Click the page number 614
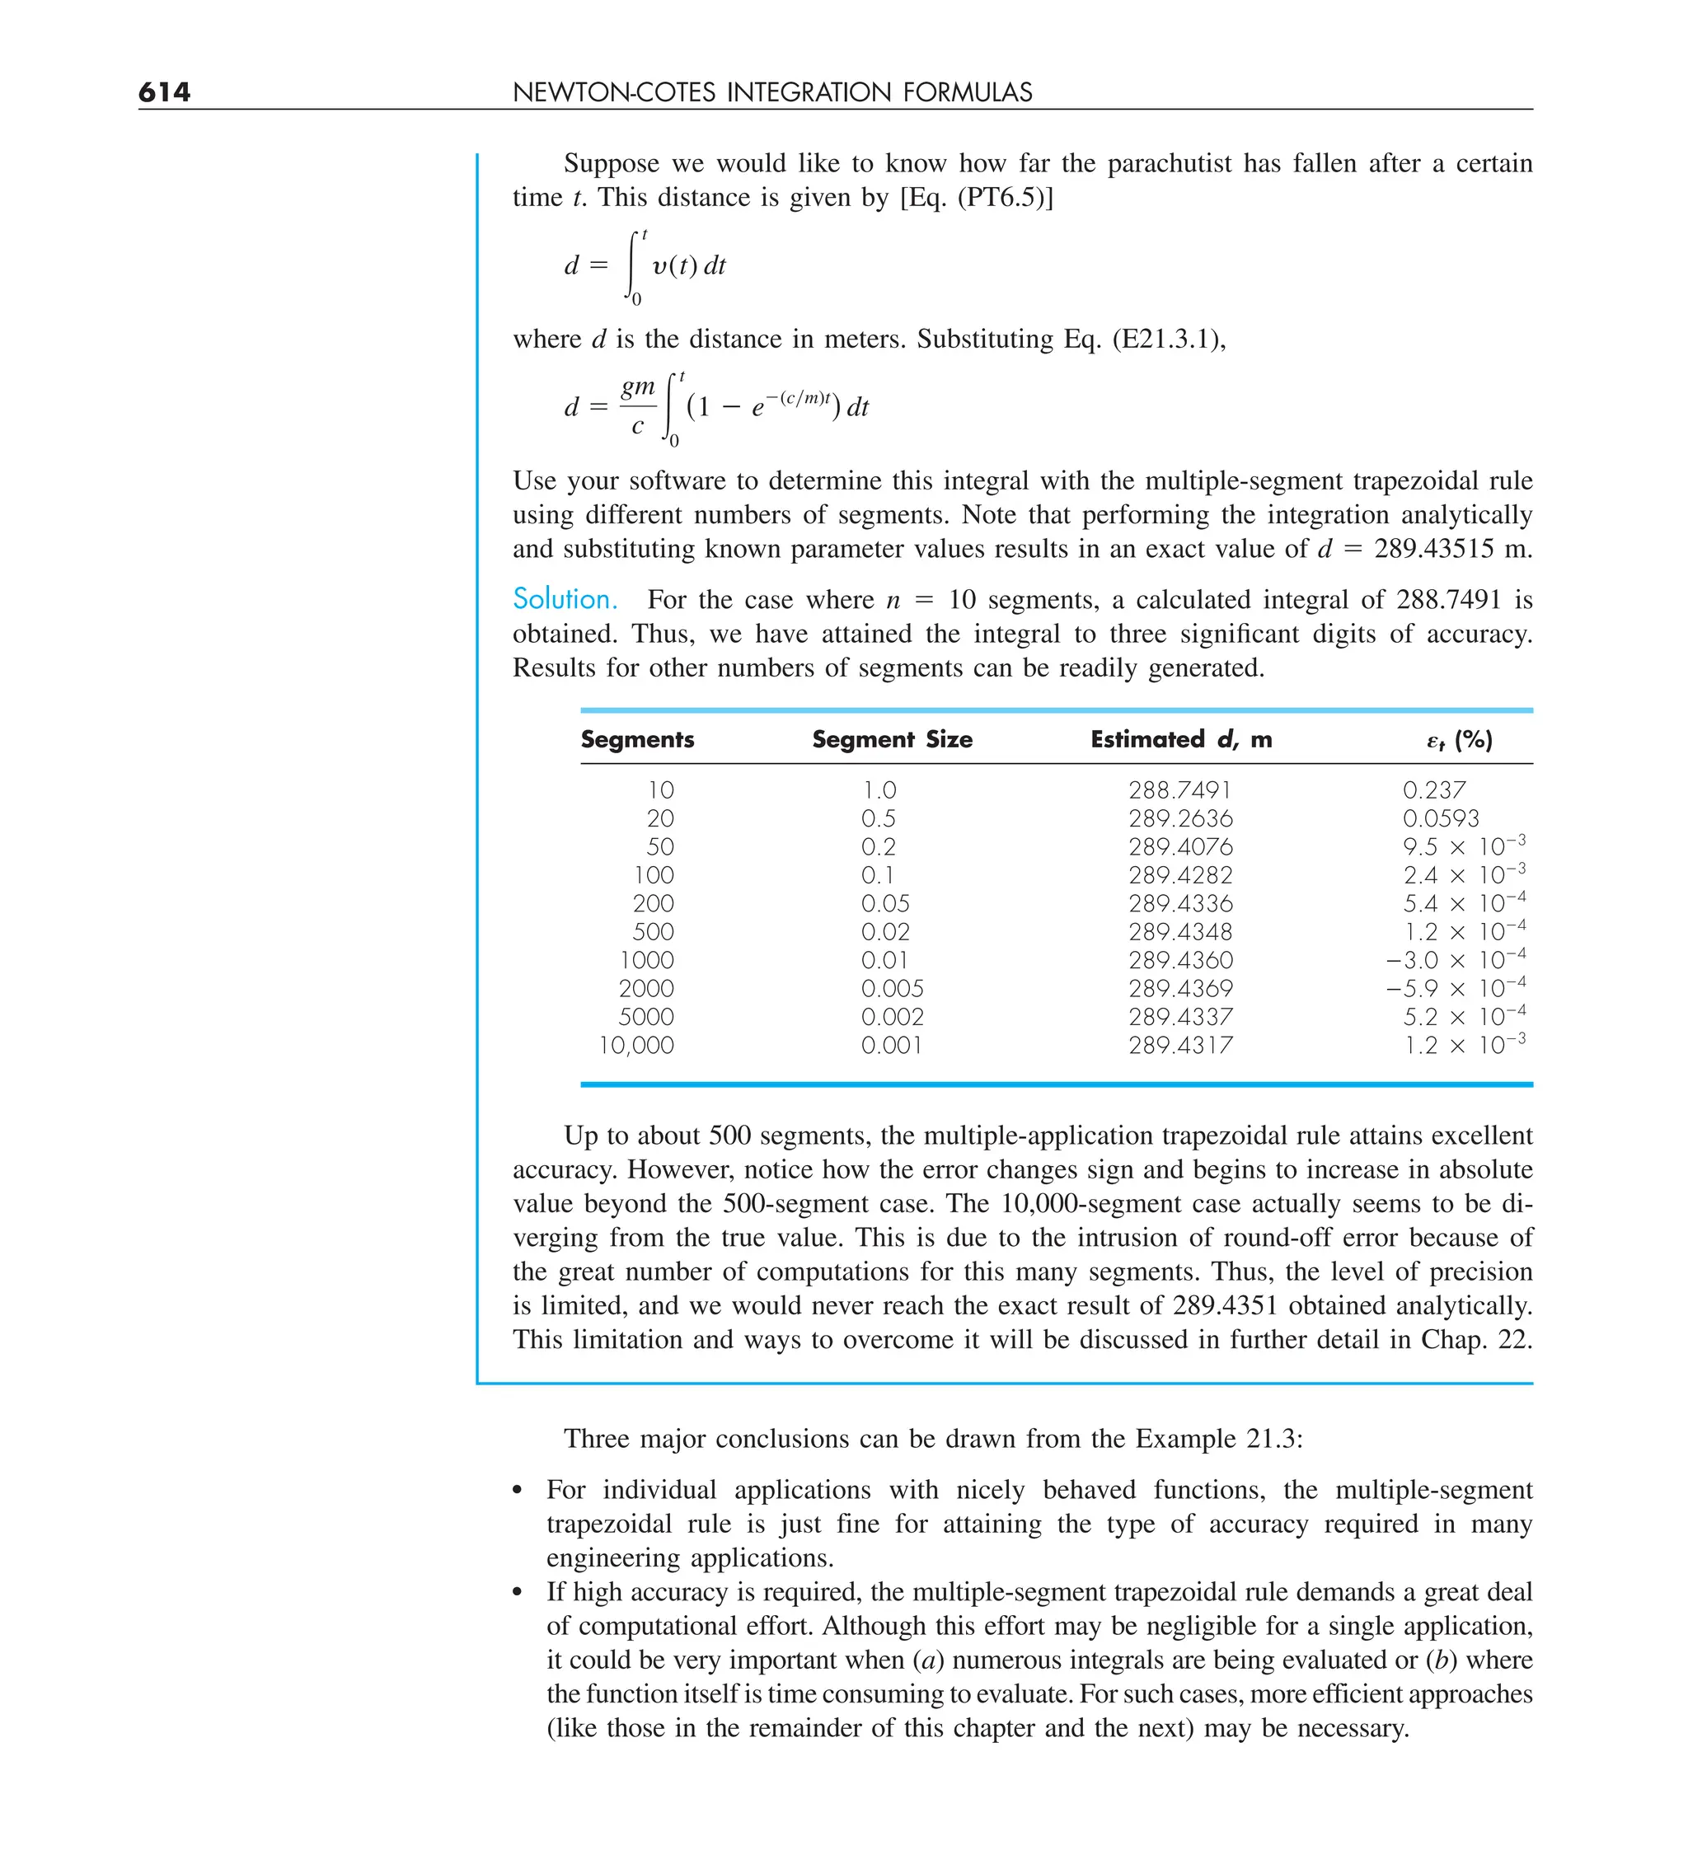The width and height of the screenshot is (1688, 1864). coord(164,91)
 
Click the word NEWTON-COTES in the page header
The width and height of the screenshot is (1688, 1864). coord(614,92)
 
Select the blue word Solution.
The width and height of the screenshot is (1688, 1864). coord(565,599)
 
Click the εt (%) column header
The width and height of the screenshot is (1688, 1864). coord(1459,740)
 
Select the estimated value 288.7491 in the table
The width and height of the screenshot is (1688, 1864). coord(1179,789)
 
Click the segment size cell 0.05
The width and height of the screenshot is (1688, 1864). coord(884,903)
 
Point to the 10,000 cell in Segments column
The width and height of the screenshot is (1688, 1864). coord(636,1045)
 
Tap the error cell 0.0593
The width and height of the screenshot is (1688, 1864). coord(1440,818)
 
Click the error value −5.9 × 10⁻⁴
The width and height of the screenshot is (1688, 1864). coord(1455,987)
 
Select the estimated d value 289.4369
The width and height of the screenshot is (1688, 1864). coord(1179,988)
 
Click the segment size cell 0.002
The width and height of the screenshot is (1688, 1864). coord(892,1017)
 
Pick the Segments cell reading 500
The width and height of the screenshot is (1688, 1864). coord(653,932)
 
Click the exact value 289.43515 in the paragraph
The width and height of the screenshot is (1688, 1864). coord(1432,548)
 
